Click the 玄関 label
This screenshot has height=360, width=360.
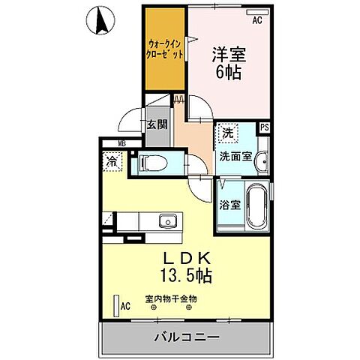156,125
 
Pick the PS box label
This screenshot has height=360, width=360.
264,128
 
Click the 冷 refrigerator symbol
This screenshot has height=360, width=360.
112,160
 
